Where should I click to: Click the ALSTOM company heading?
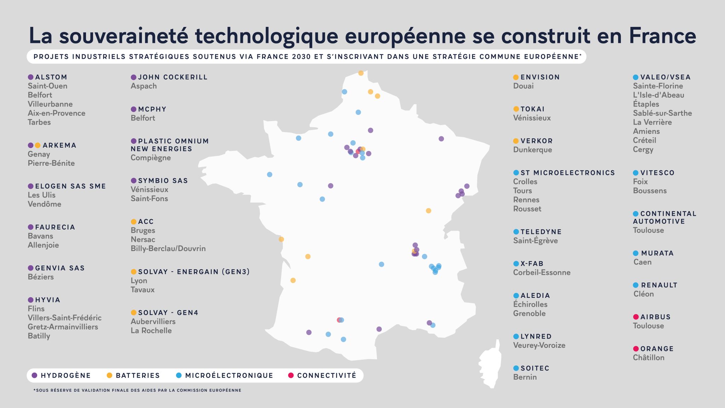[x=51, y=77]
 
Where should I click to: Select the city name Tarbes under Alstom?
[x=39, y=122]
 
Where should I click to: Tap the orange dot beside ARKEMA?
[x=38, y=145]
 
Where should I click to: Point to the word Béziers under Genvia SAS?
[x=41, y=277]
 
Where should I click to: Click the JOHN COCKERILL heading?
[x=172, y=77]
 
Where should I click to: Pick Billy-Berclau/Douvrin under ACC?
[x=168, y=249]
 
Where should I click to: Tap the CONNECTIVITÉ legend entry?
[x=326, y=375]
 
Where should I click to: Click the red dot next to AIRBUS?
[x=636, y=317]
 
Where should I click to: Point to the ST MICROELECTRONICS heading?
[x=567, y=173]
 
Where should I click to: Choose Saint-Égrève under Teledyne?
[x=535, y=241]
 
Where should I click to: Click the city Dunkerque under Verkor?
[x=532, y=150]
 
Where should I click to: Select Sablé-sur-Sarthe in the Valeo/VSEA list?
[x=662, y=113]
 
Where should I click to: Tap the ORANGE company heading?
[x=657, y=349]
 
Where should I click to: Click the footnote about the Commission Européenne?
[x=137, y=390]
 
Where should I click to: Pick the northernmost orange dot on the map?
[x=361, y=73]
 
